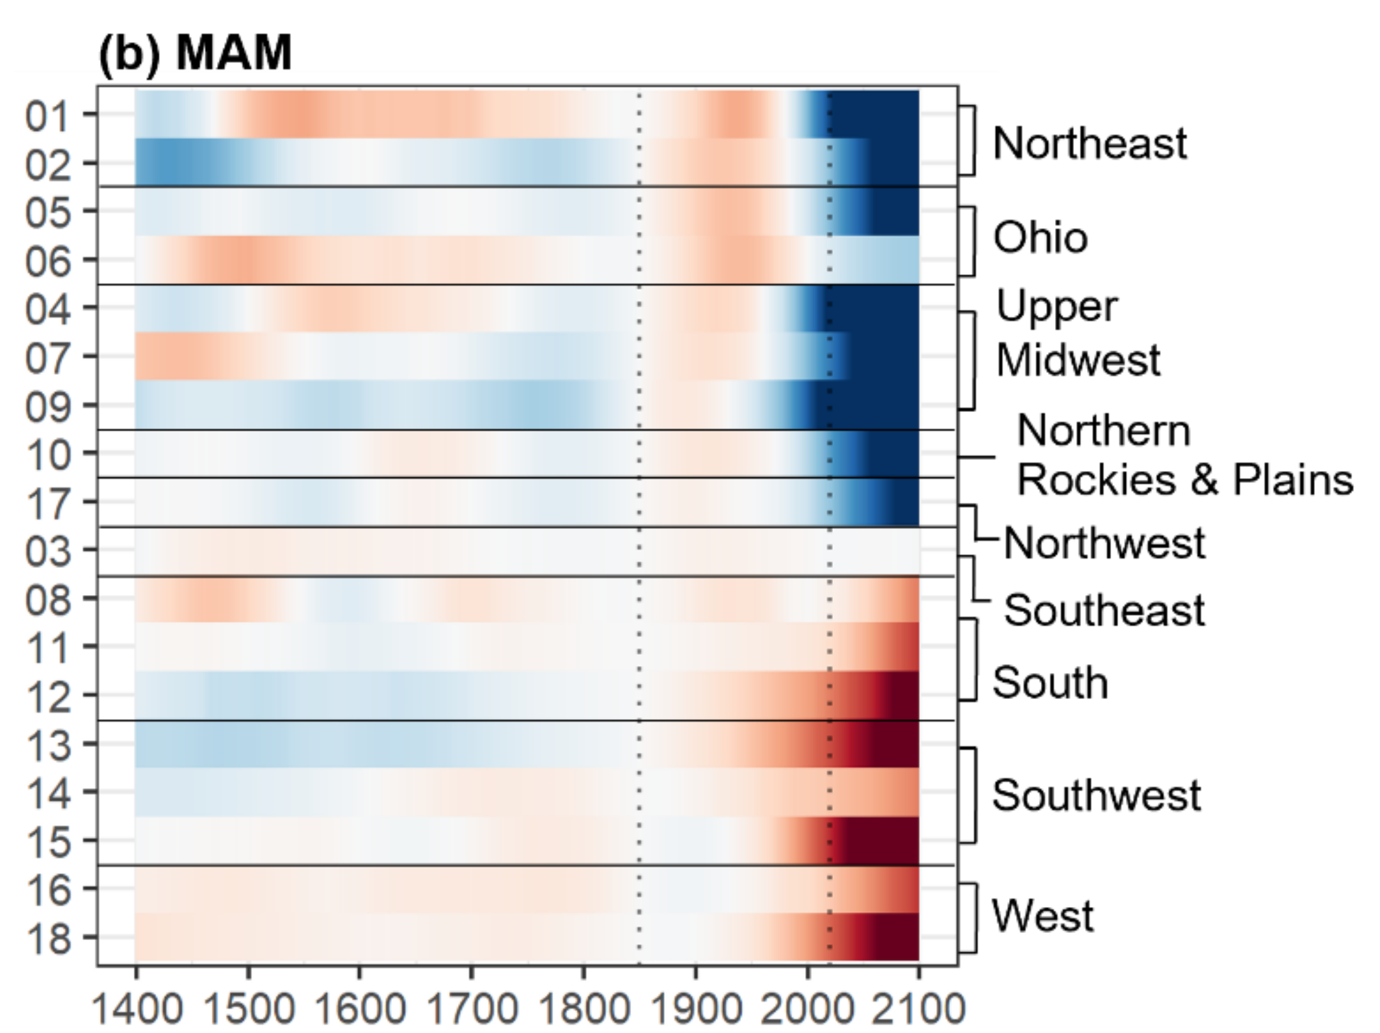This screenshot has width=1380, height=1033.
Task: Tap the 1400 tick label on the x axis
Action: [x=137, y=1008]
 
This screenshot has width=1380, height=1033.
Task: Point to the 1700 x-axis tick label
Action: [x=472, y=1008]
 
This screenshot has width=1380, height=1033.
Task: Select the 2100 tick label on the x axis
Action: [x=917, y=1008]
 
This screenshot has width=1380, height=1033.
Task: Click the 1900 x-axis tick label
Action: [x=695, y=1008]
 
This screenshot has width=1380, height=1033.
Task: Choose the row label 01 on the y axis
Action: [x=47, y=117]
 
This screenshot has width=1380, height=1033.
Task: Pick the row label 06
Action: [x=47, y=262]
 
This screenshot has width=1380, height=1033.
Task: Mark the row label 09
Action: [x=47, y=407]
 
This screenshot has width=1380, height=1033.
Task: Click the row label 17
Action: [x=47, y=504]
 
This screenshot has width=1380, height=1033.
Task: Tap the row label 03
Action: [x=47, y=552]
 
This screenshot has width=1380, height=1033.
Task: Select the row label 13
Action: [x=47, y=745]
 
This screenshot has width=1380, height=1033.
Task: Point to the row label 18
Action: [x=47, y=938]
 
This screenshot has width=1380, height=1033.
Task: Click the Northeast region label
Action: [x=1090, y=143]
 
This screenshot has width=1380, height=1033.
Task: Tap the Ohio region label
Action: [x=1040, y=237]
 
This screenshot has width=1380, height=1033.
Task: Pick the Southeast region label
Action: [x=1104, y=610]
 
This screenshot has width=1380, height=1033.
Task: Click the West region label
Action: [x=1042, y=915]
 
